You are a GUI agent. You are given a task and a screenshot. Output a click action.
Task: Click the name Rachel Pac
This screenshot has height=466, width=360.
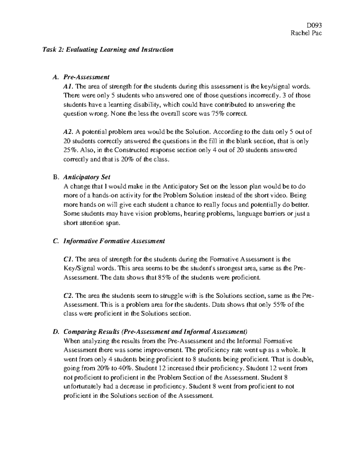306,33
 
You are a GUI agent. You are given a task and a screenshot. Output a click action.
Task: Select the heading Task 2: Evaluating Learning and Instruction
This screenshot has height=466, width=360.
108,50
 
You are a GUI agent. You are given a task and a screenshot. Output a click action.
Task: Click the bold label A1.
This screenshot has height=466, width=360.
68,86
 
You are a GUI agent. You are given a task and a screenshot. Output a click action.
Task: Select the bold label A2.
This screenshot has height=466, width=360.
68,132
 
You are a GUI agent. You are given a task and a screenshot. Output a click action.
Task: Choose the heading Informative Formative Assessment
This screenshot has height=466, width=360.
114,241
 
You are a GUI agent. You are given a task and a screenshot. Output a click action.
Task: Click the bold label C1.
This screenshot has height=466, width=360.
68,259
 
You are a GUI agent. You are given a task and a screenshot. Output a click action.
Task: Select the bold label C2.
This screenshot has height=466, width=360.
68,296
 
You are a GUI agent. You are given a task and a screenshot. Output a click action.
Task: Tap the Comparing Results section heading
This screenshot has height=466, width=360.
155,332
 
